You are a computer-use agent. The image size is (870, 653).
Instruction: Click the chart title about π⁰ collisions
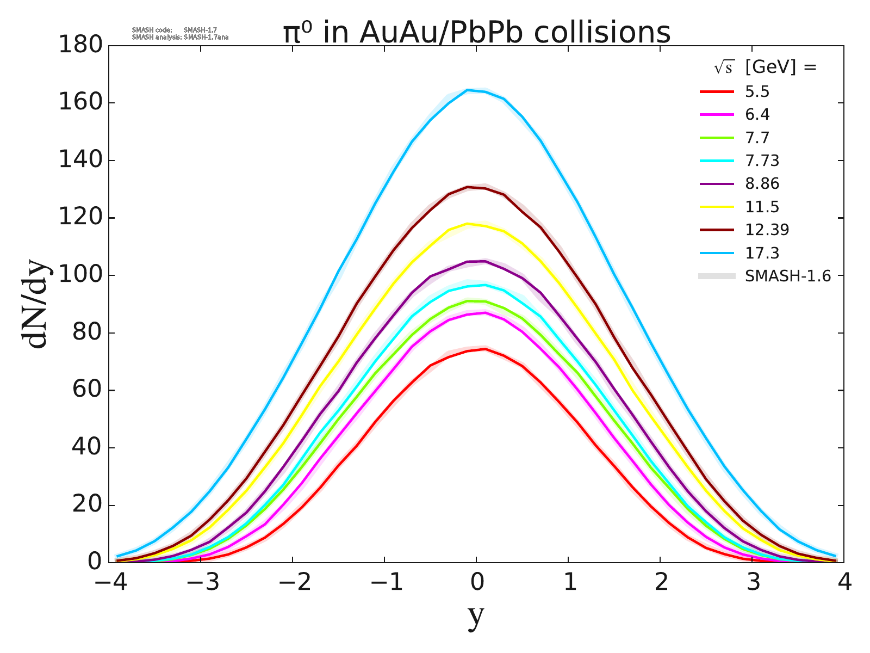476,33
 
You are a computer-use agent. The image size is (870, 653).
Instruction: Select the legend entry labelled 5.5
757,92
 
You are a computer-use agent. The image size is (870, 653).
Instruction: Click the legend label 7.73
762,161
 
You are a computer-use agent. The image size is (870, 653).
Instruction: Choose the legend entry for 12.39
767,230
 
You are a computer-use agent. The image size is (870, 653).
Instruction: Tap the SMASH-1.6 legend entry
787,276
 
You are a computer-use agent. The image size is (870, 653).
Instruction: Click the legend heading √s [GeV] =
766,67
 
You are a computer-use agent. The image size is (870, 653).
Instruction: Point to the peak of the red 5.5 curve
484,349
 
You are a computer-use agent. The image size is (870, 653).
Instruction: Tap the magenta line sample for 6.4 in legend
717,115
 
